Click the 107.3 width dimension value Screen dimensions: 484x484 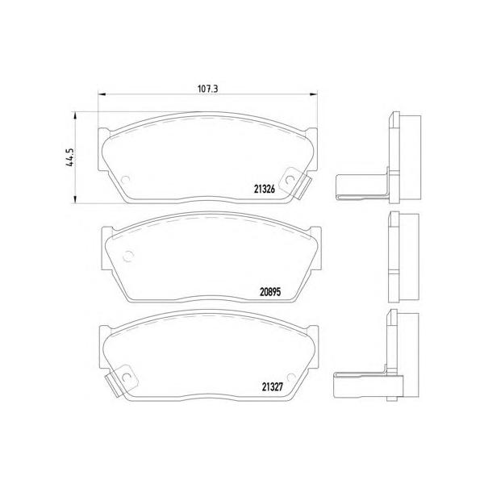coord(208,89)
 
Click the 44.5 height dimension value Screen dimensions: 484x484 coord(70,157)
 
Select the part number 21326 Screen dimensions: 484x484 coord(265,190)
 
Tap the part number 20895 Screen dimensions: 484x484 coord(270,292)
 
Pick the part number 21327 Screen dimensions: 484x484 coord(273,387)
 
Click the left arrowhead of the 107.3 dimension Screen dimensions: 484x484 coord(102,94)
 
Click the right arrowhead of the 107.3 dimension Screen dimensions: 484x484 coord(313,94)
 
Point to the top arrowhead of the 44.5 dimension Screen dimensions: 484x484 coord(74,116)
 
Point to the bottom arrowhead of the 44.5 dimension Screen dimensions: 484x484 coord(74,199)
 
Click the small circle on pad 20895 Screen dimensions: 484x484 coord(127,256)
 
